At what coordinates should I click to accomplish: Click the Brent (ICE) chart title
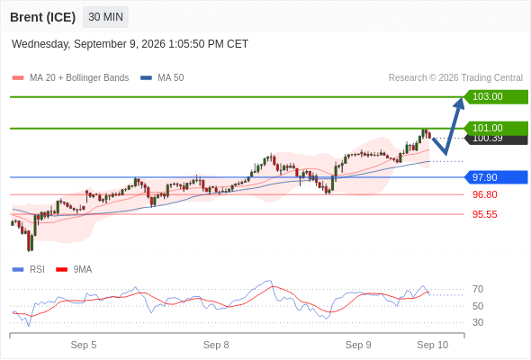pyautogui.click(x=42, y=17)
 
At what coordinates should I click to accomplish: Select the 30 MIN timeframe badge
pyautogui.click(x=105, y=17)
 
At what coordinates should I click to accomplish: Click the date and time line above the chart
pyautogui.click(x=130, y=44)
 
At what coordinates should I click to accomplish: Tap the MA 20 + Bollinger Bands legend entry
pyautogui.click(x=70, y=78)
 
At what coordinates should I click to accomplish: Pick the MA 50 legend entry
pyautogui.click(x=162, y=78)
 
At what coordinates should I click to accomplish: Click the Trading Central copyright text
pyautogui.click(x=455, y=78)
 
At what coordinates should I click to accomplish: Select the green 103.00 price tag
pyautogui.click(x=496, y=97)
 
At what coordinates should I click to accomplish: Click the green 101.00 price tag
pyautogui.click(x=496, y=128)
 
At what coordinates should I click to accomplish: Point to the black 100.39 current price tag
pyautogui.click(x=496, y=139)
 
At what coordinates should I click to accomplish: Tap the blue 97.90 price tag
pyautogui.click(x=496, y=177)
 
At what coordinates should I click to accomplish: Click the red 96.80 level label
pyautogui.click(x=485, y=194)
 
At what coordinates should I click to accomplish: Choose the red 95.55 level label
pyautogui.click(x=485, y=214)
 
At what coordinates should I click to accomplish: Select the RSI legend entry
pyautogui.click(x=29, y=269)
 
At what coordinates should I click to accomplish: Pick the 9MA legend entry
pyautogui.click(x=74, y=269)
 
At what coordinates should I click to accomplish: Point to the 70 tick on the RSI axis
pyautogui.click(x=478, y=289)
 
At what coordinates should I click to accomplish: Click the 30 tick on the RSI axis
pyautogui.click(x=478, y=322)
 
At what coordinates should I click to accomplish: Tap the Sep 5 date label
pyautogui.click(x=84, y=345)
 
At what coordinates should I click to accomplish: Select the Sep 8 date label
pyautogui.click(x=216, y=345)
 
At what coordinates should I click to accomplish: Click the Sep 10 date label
pyautogui.click(x=433, y=345)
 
